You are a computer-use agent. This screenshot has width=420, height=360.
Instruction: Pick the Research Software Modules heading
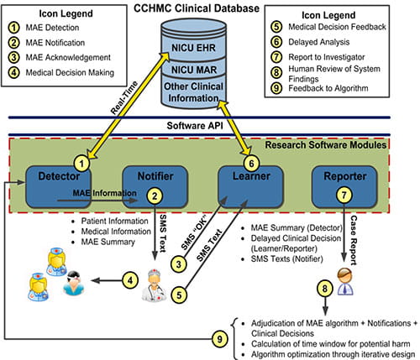click(330, 144)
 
